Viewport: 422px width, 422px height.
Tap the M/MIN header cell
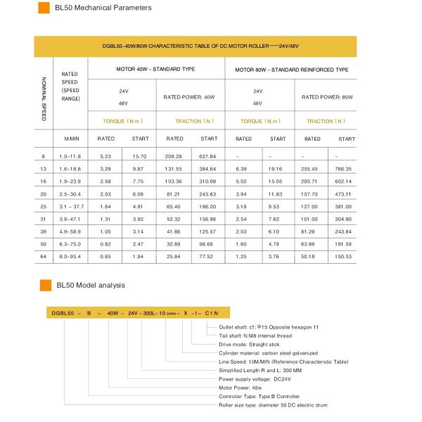(72, 139)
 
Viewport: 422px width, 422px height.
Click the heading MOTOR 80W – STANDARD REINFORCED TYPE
(292, 70)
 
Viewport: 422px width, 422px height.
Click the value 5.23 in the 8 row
(106, 156)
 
